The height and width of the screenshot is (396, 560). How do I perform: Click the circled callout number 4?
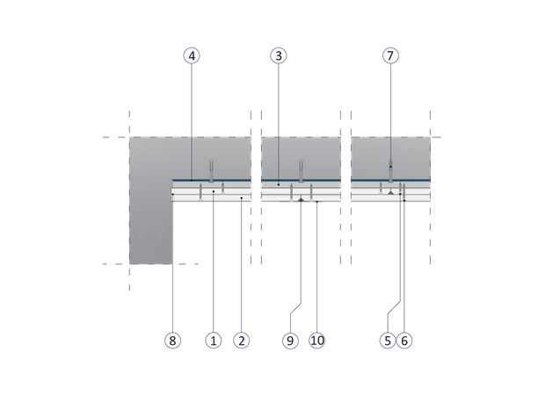[x=192, y=55]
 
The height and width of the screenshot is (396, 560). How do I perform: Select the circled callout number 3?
[x=279, y=55]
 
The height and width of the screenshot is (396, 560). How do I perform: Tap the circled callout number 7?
[x=390, y=55]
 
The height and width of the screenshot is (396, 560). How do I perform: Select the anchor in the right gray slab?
[x=390, y=167]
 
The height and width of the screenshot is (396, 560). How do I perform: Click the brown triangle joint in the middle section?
[x=301, y=201]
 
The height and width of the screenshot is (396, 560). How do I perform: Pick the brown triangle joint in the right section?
[x=389, y=190]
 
